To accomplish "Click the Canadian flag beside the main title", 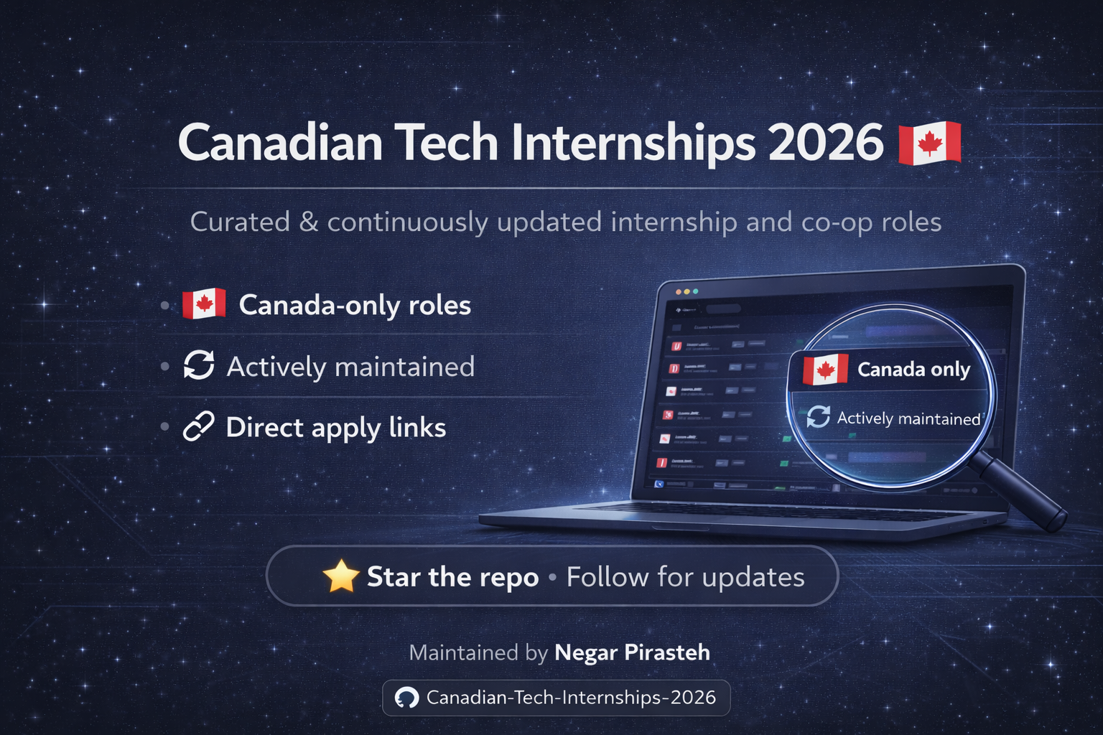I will pyautogui.click(x=930, y=143).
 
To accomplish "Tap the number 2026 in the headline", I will pyautogui.click(x=826, y=143).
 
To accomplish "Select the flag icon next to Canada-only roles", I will pyautogui.click(x=204, y=304).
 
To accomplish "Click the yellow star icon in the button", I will pyautogui.click(x=341, y=576).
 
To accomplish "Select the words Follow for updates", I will pyautogui.click(x=685, y=577).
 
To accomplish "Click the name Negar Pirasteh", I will pyautogui.click(x=632, y=652).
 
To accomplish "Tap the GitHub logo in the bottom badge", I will pyautogui.click(x=407, y=698).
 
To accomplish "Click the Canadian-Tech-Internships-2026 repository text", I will pyautogui.click(x=571, y=698).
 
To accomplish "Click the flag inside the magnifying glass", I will pyautogui.click(x=825, y=370).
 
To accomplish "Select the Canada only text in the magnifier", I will pyautogui.click(x=913, y=370).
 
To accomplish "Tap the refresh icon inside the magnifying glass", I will pyautogui.click(x=818, y=416).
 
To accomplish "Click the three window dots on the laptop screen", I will pyautogui.click(x=686, y=291).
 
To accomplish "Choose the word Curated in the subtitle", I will pyautogui.click(x=240, y=223).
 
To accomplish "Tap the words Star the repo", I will pyautogui.click(x=452, y=577).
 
